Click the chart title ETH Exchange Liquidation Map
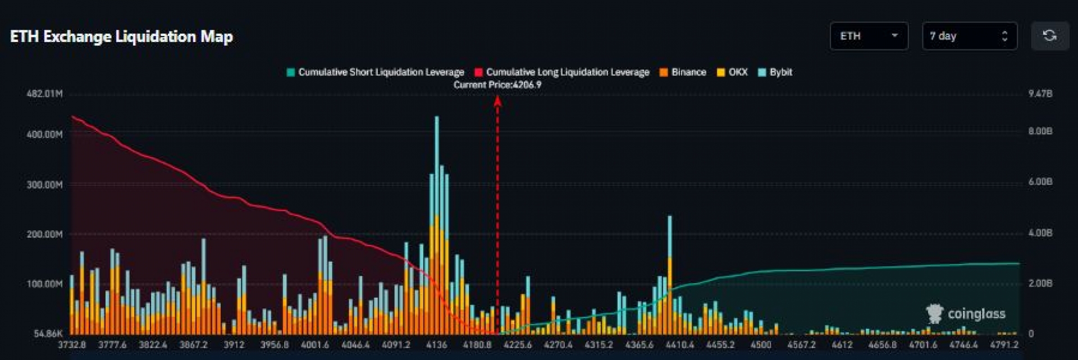click(x=121, y=37)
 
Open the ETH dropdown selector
click(x=869, y=36)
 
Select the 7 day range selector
click(x=969, y=36)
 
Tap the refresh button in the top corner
click(x=1049, y=36)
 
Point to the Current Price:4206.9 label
click(x=497, y=85)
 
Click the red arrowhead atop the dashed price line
click(x=497, y=101)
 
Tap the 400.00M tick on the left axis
click(x=44, y=134)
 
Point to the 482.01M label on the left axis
click(x=44, y=93)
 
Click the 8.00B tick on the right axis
click(x=1040, y=131)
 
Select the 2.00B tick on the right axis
click(x=1040, y=283)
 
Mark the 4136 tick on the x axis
click(x=436, y=344)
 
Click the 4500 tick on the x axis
click(x=761, y=344)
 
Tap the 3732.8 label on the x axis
click(x=72, y=344)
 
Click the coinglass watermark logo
click(x=966, y=313)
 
